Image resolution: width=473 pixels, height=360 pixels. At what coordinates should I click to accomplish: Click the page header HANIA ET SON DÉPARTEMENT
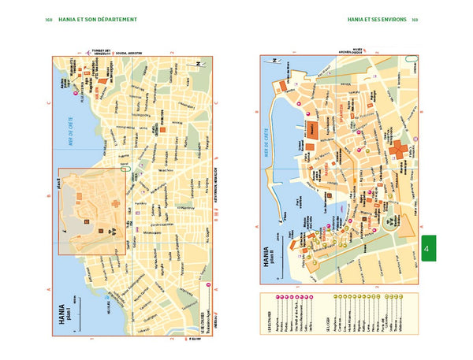click(x=102, y=18)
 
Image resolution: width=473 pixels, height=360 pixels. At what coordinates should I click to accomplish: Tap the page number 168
click(x=49, y=18)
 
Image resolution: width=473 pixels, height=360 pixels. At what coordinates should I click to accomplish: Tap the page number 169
click(x=415, y=18)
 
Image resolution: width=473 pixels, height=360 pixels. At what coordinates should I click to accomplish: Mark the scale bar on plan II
click(x=277, y=236)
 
